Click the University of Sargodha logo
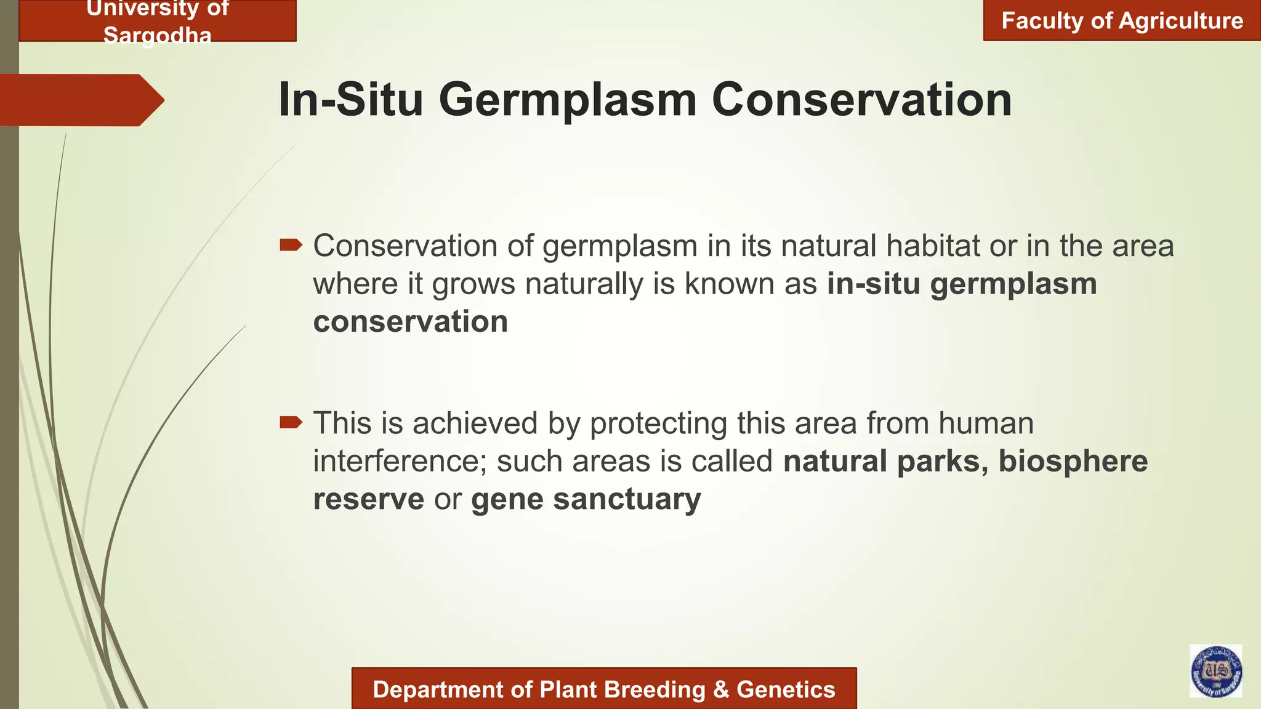(x=1215, y=671)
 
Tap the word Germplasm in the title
(x=567, y=100)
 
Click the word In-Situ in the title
(x=350, y=100)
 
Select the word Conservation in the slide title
(x=861, y=100)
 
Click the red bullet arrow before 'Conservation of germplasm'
(x=291, y=246)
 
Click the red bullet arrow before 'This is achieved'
(x=291, y=422)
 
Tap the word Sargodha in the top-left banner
(x=158, y=35)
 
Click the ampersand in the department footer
(x=720, y=689)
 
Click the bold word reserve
(x=368, y=499)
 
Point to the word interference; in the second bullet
(x=400, y=462)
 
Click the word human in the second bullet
(x=986, y=423)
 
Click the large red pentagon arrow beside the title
(x=80, y=100)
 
